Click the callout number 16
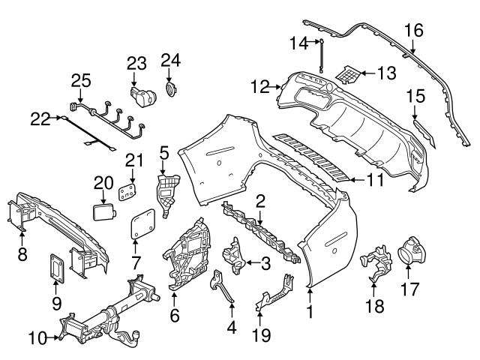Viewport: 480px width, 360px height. click(413, 31)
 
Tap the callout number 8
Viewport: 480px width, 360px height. click(21, 253)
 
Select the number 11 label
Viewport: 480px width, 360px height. click(375, 180)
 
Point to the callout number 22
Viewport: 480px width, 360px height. click(40, 117)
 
